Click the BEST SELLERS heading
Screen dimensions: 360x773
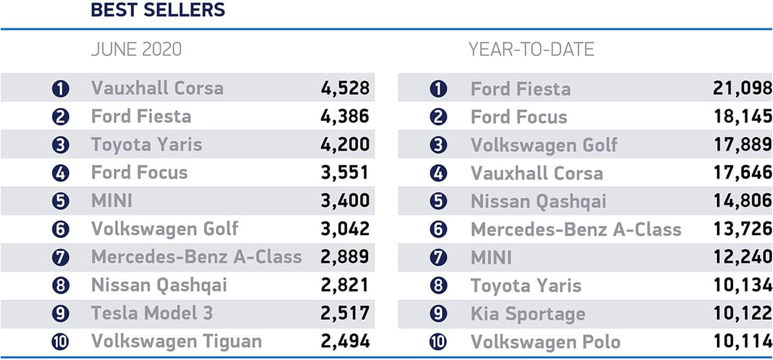point(158,11)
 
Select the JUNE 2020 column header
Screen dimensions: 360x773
point(136,50)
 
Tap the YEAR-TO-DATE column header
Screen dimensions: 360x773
point(531,50)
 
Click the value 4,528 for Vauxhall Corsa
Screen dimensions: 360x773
point(345,88)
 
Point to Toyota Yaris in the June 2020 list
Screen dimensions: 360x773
point(146,144)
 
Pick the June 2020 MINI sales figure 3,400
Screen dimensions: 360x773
point(345,200)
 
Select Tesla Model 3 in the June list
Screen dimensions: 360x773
point(152,313)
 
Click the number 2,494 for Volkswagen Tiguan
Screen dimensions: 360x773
point(345,341)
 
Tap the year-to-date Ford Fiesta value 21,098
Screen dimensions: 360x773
point(742,88)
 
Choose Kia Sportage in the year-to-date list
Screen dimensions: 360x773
point(528,313)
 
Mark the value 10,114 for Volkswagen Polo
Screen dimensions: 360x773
point(742,341)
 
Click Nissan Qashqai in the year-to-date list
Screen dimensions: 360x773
point(538,201)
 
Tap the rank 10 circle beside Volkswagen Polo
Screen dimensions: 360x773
point(438,342)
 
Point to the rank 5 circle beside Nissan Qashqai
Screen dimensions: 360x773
point(438,202)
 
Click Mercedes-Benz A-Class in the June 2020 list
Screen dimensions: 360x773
point(196,256)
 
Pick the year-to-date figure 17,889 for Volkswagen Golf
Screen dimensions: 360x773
point(742,144)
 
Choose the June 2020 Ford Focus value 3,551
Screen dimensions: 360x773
point(345,173)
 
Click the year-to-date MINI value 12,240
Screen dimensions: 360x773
point(742,257)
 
